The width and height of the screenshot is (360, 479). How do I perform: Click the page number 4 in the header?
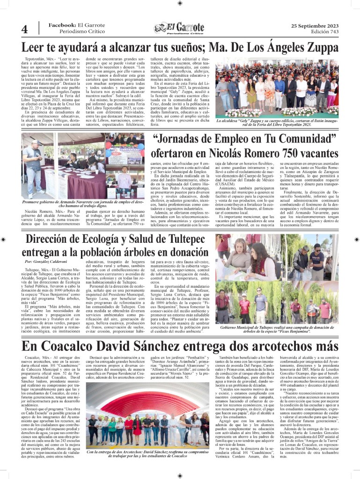(x=24, y=29)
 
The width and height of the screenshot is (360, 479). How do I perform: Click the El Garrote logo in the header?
(x=180, y=29)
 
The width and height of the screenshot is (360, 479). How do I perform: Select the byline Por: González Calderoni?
(x=46, y=261)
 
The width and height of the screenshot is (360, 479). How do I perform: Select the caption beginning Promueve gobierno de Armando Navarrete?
(x=84, y=203)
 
